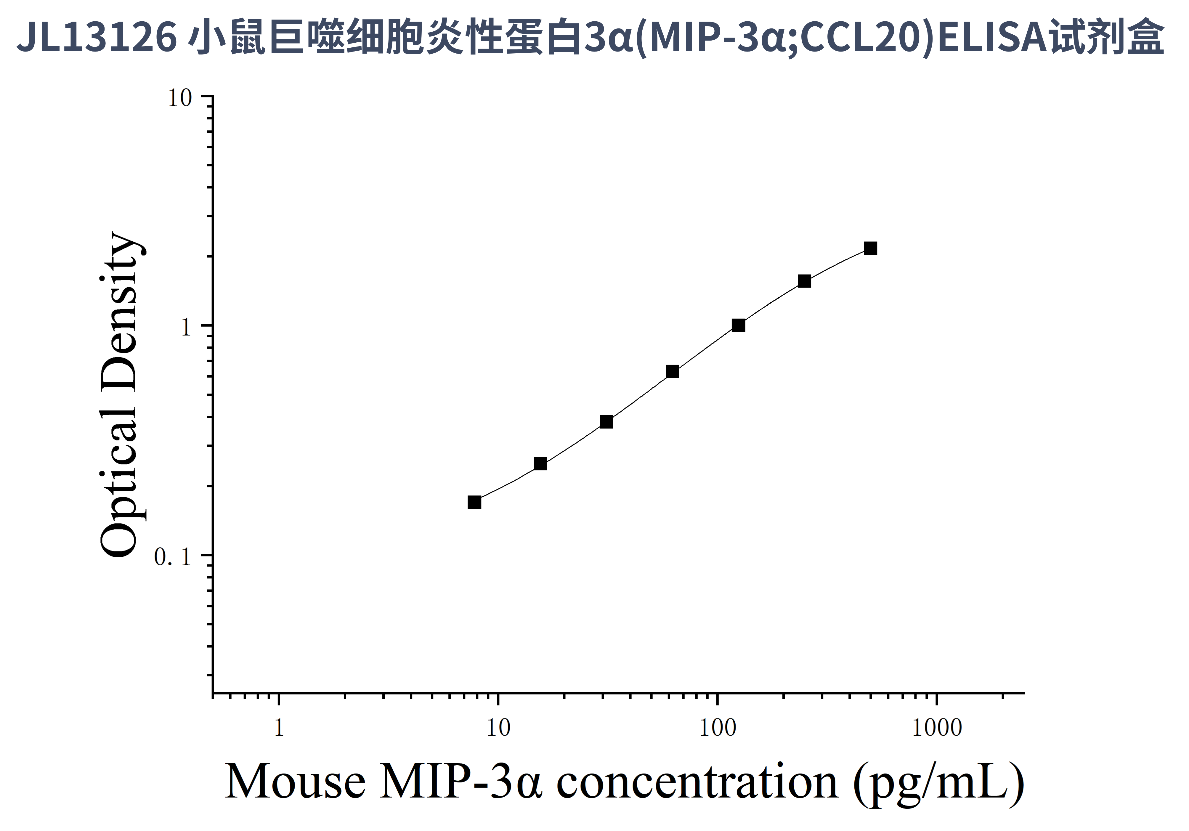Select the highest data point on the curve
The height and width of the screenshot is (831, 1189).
[871, 248]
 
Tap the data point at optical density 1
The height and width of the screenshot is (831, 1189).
[739, 325]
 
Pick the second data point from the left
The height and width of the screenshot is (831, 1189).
[540, 463]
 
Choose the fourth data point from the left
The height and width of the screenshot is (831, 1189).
[672, 371]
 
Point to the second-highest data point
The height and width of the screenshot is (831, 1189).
[804, 281]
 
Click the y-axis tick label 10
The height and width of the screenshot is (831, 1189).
[180, 98]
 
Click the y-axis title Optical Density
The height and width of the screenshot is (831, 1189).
[119, 394]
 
